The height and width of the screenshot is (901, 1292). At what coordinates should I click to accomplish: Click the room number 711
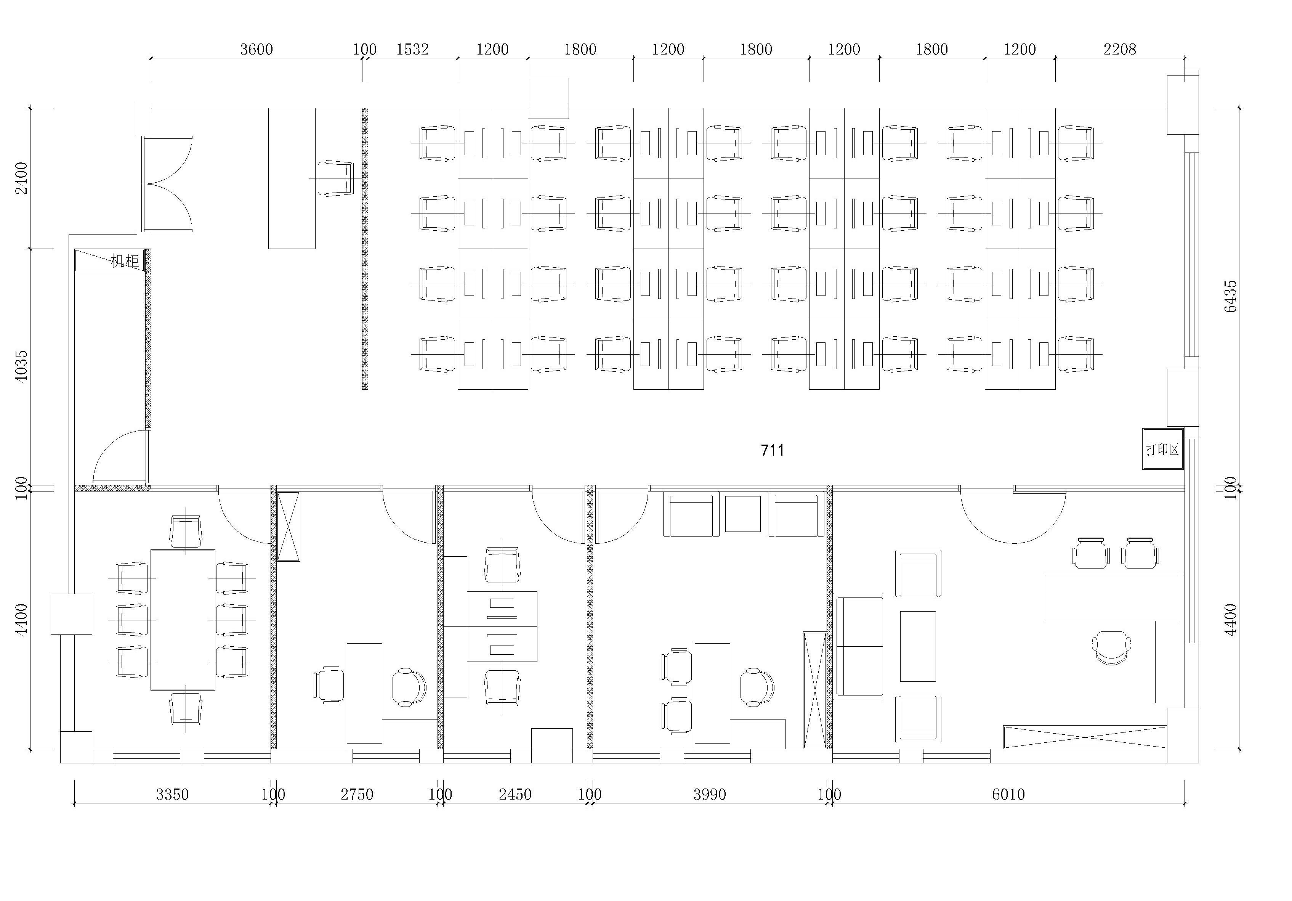[772, 451]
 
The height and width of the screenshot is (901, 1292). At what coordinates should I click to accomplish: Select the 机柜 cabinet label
[124, 261]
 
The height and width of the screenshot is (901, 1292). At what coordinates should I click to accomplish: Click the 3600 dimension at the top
[256, 50]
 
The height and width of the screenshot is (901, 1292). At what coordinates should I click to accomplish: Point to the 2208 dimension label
[1120, 50]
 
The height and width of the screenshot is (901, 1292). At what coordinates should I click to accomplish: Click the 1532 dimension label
[412, 50]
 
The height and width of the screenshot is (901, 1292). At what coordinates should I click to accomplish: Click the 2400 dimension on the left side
[21, 178]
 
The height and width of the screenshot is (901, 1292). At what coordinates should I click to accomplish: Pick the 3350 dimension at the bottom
[172, 795]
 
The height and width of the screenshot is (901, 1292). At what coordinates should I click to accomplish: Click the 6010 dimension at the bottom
[1008, 795]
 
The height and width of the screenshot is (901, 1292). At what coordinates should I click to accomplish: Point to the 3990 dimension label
[710, 795]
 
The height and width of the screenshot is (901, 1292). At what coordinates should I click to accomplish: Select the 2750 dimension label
[357, 795]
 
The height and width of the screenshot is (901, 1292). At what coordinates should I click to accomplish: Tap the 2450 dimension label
[515, 795]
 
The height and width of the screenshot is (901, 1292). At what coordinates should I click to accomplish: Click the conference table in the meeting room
[183, 620]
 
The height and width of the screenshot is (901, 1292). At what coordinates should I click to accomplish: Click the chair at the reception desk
[336, 178]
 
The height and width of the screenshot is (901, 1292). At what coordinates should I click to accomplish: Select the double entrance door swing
[168, 183]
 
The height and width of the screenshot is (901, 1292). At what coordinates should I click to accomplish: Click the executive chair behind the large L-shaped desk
[1111, 647]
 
